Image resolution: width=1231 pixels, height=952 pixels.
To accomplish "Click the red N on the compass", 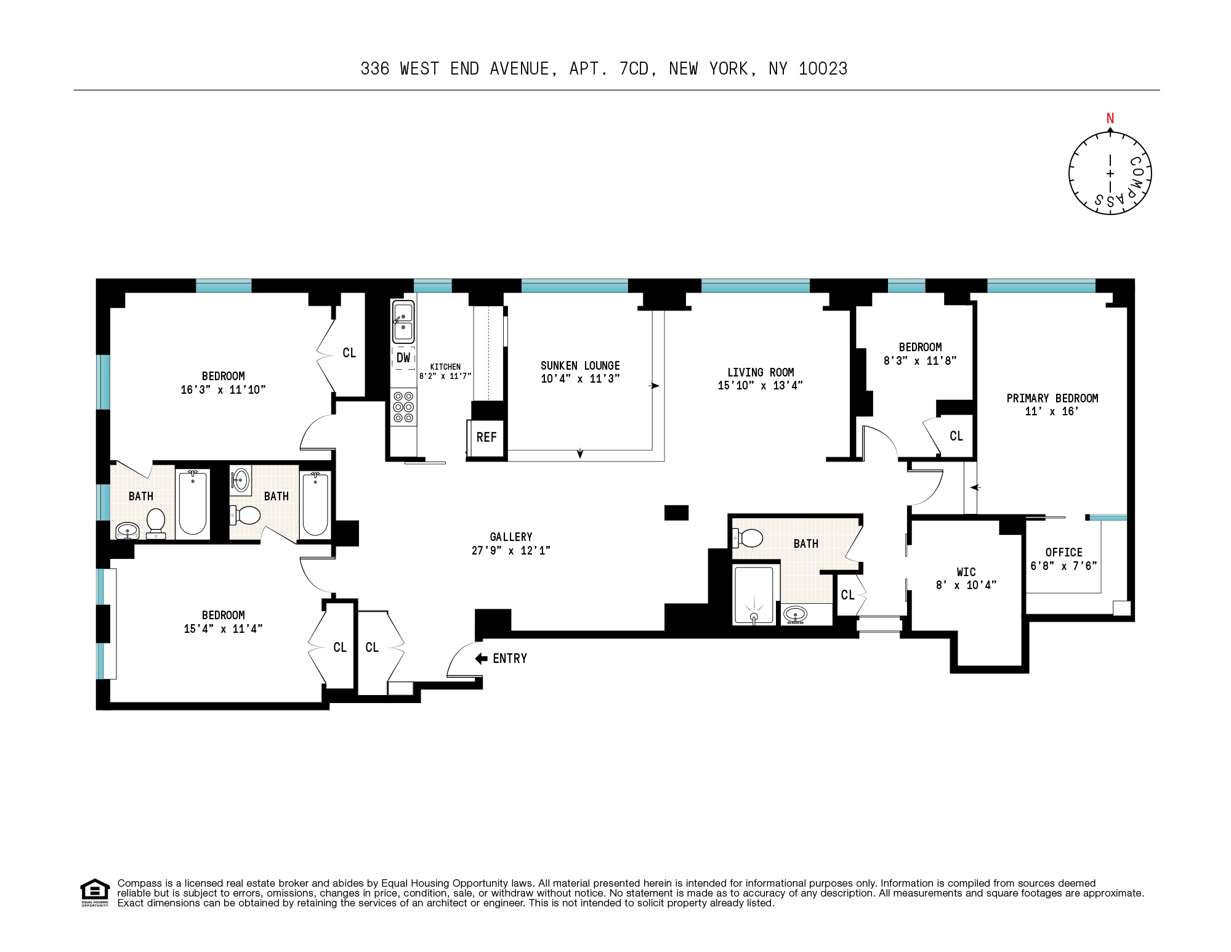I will click(x=1110, y=118).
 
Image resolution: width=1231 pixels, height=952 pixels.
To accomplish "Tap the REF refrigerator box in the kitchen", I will click(x=486, y=437).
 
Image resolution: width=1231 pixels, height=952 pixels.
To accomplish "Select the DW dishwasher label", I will click(x=403, y=357).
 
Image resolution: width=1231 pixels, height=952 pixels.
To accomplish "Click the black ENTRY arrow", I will click(x=482, y=658).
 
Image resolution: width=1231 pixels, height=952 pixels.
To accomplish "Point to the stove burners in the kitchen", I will click(x=404, y=407).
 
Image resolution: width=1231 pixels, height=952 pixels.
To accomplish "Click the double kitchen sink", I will click(x=403, y=322).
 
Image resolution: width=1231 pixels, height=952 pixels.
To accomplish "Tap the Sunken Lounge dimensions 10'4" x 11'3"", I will click(x=580, y=379).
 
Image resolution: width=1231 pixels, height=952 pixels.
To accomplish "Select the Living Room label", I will click(x=761, y=372).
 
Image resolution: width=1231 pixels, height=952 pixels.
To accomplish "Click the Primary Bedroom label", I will click(x=1052, y=398).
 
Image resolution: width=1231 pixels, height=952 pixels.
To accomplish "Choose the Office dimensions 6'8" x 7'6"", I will click(x=1064, y=566).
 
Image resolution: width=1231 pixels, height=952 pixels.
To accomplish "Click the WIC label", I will click(x=966, y=572).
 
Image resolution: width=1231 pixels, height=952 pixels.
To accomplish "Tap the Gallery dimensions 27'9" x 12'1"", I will click(x=511, y=550).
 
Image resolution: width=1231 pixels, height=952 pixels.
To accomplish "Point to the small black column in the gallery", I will click(x=676, y=513).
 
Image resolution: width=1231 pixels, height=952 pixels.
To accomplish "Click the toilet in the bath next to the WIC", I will click(x=748, y=538).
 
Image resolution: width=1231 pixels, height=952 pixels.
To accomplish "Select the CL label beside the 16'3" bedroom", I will click(x=349, y=353).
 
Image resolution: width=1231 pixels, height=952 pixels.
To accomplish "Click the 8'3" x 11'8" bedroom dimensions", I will click(x=920, y=361).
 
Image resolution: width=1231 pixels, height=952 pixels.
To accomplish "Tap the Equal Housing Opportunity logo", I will click(x=94, y=892).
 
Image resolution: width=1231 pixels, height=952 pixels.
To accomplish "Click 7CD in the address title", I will click(x=634, y=69).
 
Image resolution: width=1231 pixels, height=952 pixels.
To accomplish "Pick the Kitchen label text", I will click(x=445, y=367).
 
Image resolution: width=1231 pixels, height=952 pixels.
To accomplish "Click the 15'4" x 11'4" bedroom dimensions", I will click(x=223, y=629).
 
